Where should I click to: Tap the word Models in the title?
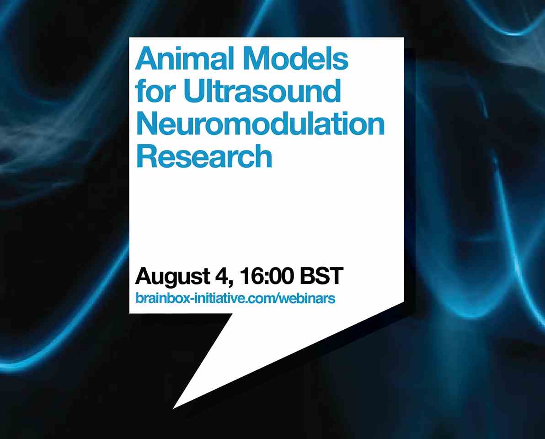pos(295,59)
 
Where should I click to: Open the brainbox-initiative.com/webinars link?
pos(235,298)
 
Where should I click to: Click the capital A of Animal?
pos(147,59)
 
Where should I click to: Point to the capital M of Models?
pos(256,59)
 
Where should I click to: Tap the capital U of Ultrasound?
pos(195,91)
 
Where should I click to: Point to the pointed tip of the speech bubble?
pos(173,409)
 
